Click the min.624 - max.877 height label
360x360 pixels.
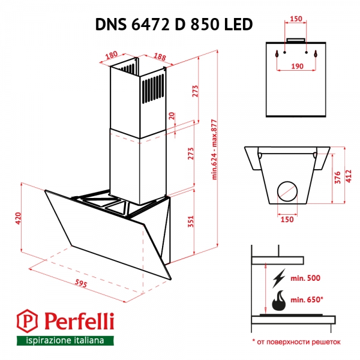pyautogui.click(x=214, y=150)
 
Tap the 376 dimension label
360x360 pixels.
pyautogui.click(x=338, y=177)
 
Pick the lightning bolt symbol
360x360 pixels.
pyautogui.click(x=278, y=279)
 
